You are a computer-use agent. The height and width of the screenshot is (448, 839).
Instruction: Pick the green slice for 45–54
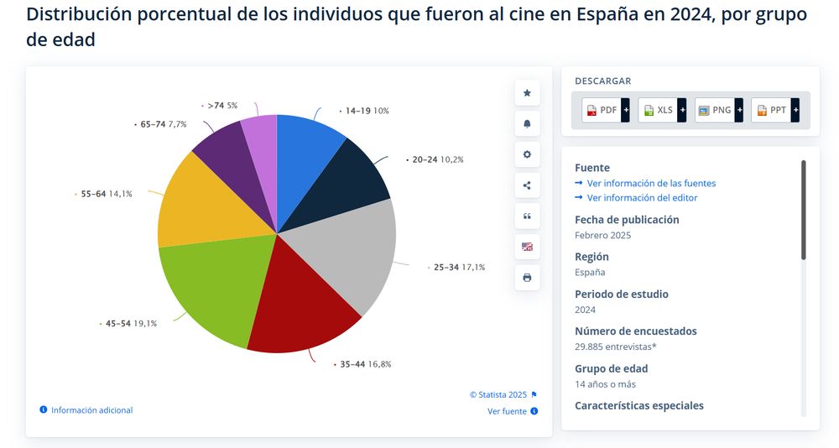coord(210,289)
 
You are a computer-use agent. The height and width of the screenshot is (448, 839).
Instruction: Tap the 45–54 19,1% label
coord(130,323)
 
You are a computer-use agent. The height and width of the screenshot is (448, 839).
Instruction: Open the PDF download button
coord(602,110)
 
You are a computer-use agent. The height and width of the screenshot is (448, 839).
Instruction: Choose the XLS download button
coord(659,110)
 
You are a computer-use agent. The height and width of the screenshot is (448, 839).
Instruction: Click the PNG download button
coord(716,110)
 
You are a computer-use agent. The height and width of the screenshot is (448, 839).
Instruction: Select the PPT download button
coord(772,110)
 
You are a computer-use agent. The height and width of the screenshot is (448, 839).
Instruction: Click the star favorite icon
coord(527,93)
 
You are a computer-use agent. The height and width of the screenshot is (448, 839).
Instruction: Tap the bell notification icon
coord(527,124)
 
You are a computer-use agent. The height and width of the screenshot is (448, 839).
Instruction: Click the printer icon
coord(527,278)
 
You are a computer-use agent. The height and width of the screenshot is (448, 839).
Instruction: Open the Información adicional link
coord(91,410)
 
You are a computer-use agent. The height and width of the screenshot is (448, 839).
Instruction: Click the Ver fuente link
coord(508,411)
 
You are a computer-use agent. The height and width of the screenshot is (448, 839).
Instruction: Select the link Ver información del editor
coord(642,198)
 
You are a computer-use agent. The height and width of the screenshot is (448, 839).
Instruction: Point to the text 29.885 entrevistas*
coord(617,346)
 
